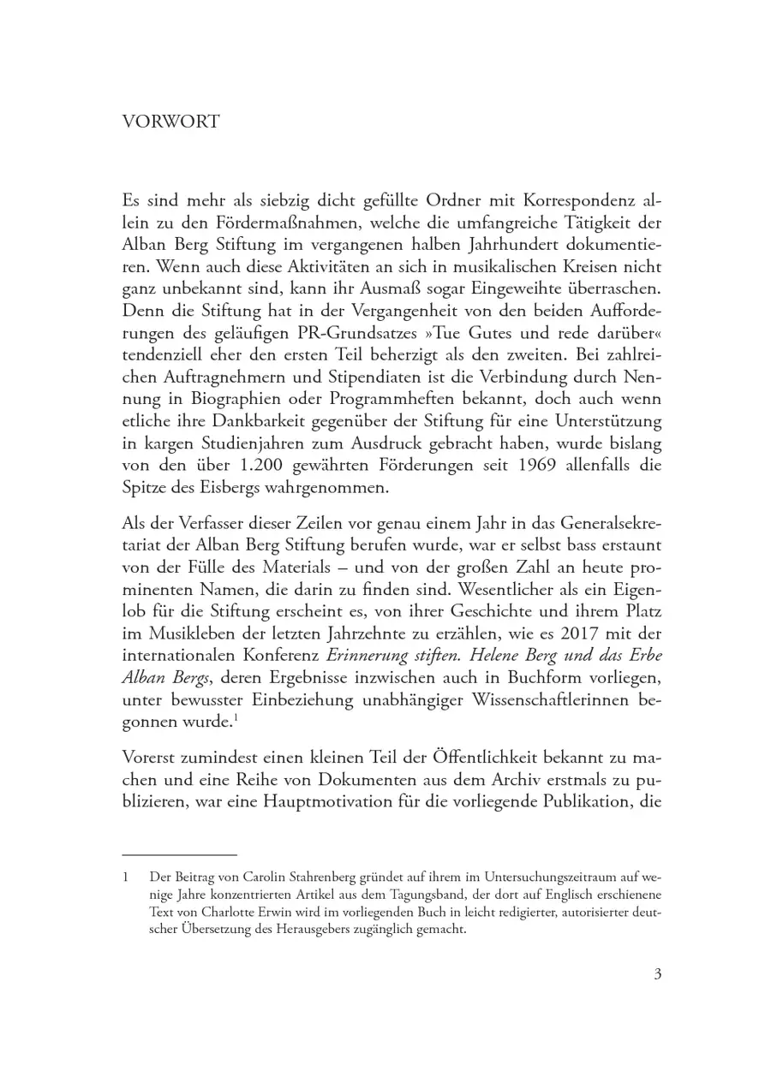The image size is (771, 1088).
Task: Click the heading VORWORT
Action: click(170, 122)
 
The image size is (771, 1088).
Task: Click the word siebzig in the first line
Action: click(285, 202)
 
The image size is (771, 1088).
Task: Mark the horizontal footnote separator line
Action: click(179, 854)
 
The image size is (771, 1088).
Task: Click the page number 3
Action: click(657, 973)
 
